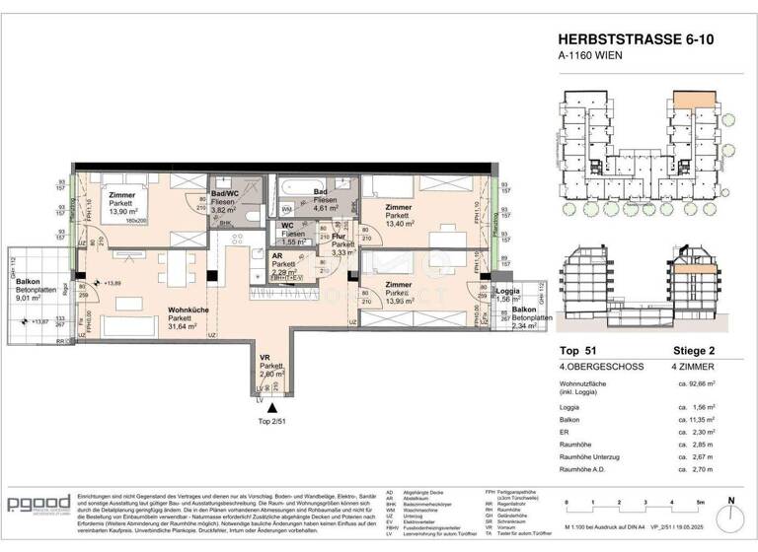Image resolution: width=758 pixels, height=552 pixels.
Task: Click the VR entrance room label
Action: (x=266, y=356)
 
